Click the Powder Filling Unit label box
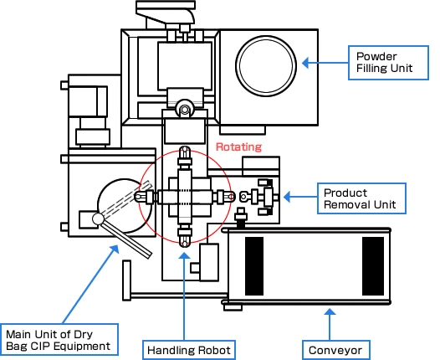[x=388, y=63]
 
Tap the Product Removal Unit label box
[x=361, y=198]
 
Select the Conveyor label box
[x=336, y=350]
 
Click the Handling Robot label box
[x=189, y=350]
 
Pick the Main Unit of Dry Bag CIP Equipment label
[x=59, y=340]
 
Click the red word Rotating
[x=238, y=147]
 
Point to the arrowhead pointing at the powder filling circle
[x=305, y=63]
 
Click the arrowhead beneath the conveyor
[x=330, y=311]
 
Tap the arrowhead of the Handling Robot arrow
[x=184, y=255]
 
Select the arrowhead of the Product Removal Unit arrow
[x=287, y=197]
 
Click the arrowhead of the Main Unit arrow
[x=115, y=249]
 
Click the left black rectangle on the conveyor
[x=254, y=266]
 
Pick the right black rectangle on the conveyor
[x=373, y=266]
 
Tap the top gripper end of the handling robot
[x=184, y=152]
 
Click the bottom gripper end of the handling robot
[x=184, y=242]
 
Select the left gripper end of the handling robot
[x=140, y=197]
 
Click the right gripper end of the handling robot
[x=229, y=197]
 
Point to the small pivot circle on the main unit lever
[x=98, y=219]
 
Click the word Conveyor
[x=335, y=351]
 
